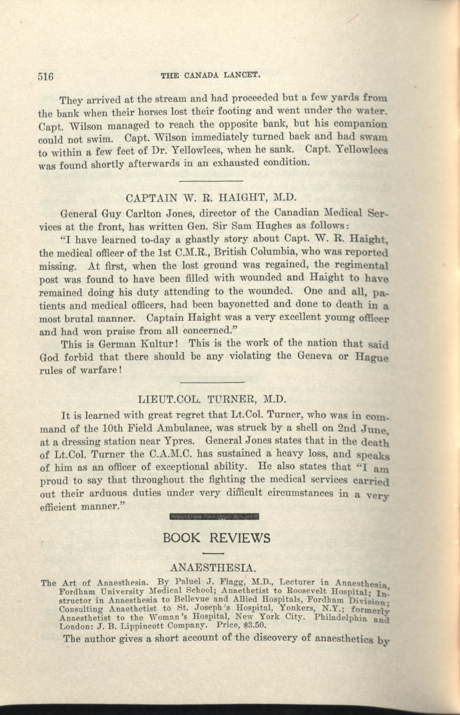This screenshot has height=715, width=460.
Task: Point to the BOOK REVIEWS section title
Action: click(x=217, y=538)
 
